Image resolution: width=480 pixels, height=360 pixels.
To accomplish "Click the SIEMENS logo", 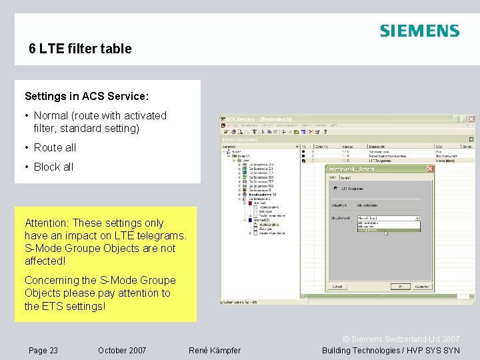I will point(419,31).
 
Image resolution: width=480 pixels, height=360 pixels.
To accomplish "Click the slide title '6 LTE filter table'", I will point(80,49).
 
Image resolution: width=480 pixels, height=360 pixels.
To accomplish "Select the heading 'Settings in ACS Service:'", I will point(86,96).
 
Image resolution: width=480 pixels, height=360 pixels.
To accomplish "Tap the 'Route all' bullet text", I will point(55,147).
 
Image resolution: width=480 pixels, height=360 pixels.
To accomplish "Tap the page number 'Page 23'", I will point(43,350).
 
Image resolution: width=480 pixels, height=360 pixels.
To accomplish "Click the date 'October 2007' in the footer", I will point(122,350).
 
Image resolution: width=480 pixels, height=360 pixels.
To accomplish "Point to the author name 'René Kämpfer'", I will point(215,350).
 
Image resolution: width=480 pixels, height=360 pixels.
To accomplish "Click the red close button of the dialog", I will point(430,169).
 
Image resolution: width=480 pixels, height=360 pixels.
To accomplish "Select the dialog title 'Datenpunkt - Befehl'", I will point(351,169).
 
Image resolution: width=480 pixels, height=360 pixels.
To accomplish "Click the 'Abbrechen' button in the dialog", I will point(421,286).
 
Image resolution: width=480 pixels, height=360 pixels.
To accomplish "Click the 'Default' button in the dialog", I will point(337,286).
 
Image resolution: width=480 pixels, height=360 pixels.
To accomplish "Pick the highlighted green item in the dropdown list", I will point(367,231).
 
